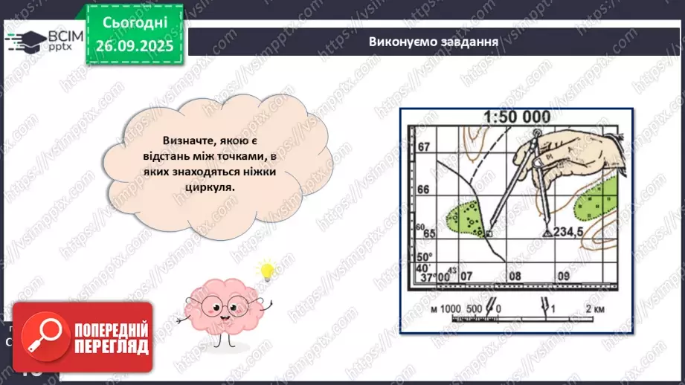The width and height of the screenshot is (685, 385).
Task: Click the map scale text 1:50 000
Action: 516,117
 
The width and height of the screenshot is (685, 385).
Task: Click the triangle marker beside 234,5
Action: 547,233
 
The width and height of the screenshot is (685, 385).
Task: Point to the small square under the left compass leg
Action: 489,234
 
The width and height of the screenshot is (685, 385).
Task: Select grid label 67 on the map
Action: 424,148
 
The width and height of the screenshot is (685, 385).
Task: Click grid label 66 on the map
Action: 424,190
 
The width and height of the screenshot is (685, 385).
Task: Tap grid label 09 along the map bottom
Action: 564,277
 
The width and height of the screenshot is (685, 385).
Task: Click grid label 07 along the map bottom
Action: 466,277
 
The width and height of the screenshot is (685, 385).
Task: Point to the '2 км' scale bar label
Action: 594,308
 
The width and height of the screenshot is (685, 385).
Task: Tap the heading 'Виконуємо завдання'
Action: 433,41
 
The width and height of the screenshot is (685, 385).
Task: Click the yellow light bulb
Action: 266,271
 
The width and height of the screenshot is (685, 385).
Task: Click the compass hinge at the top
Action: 538,133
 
